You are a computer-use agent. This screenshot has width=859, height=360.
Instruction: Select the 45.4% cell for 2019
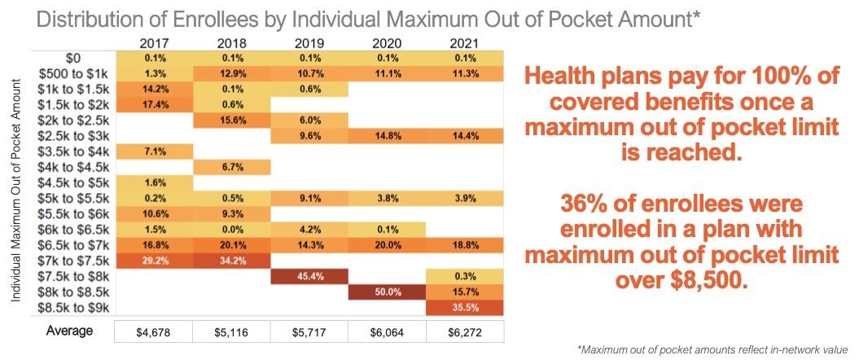[x=309, y=276]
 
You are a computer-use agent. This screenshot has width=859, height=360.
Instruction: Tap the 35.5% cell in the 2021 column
[x=465, y=307]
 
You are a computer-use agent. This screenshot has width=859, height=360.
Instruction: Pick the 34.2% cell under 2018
[x=232, y=261]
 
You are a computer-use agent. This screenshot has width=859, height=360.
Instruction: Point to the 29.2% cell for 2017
[x=154, y=261]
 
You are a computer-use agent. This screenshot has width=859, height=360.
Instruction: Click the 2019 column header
[x=309, y=42]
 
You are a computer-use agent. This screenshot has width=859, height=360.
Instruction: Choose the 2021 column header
[x=465, y=42]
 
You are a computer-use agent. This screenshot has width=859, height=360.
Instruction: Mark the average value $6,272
[x=465, y=332]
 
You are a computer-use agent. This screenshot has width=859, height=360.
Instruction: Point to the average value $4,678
[x=154, y=332]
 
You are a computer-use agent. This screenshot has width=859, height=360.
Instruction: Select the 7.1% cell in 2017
[x=154, y=151]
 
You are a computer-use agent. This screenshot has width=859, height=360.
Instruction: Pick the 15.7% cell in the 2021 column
[x=465, y=292]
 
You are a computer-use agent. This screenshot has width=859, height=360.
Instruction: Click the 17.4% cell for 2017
[x=154, y=105]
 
